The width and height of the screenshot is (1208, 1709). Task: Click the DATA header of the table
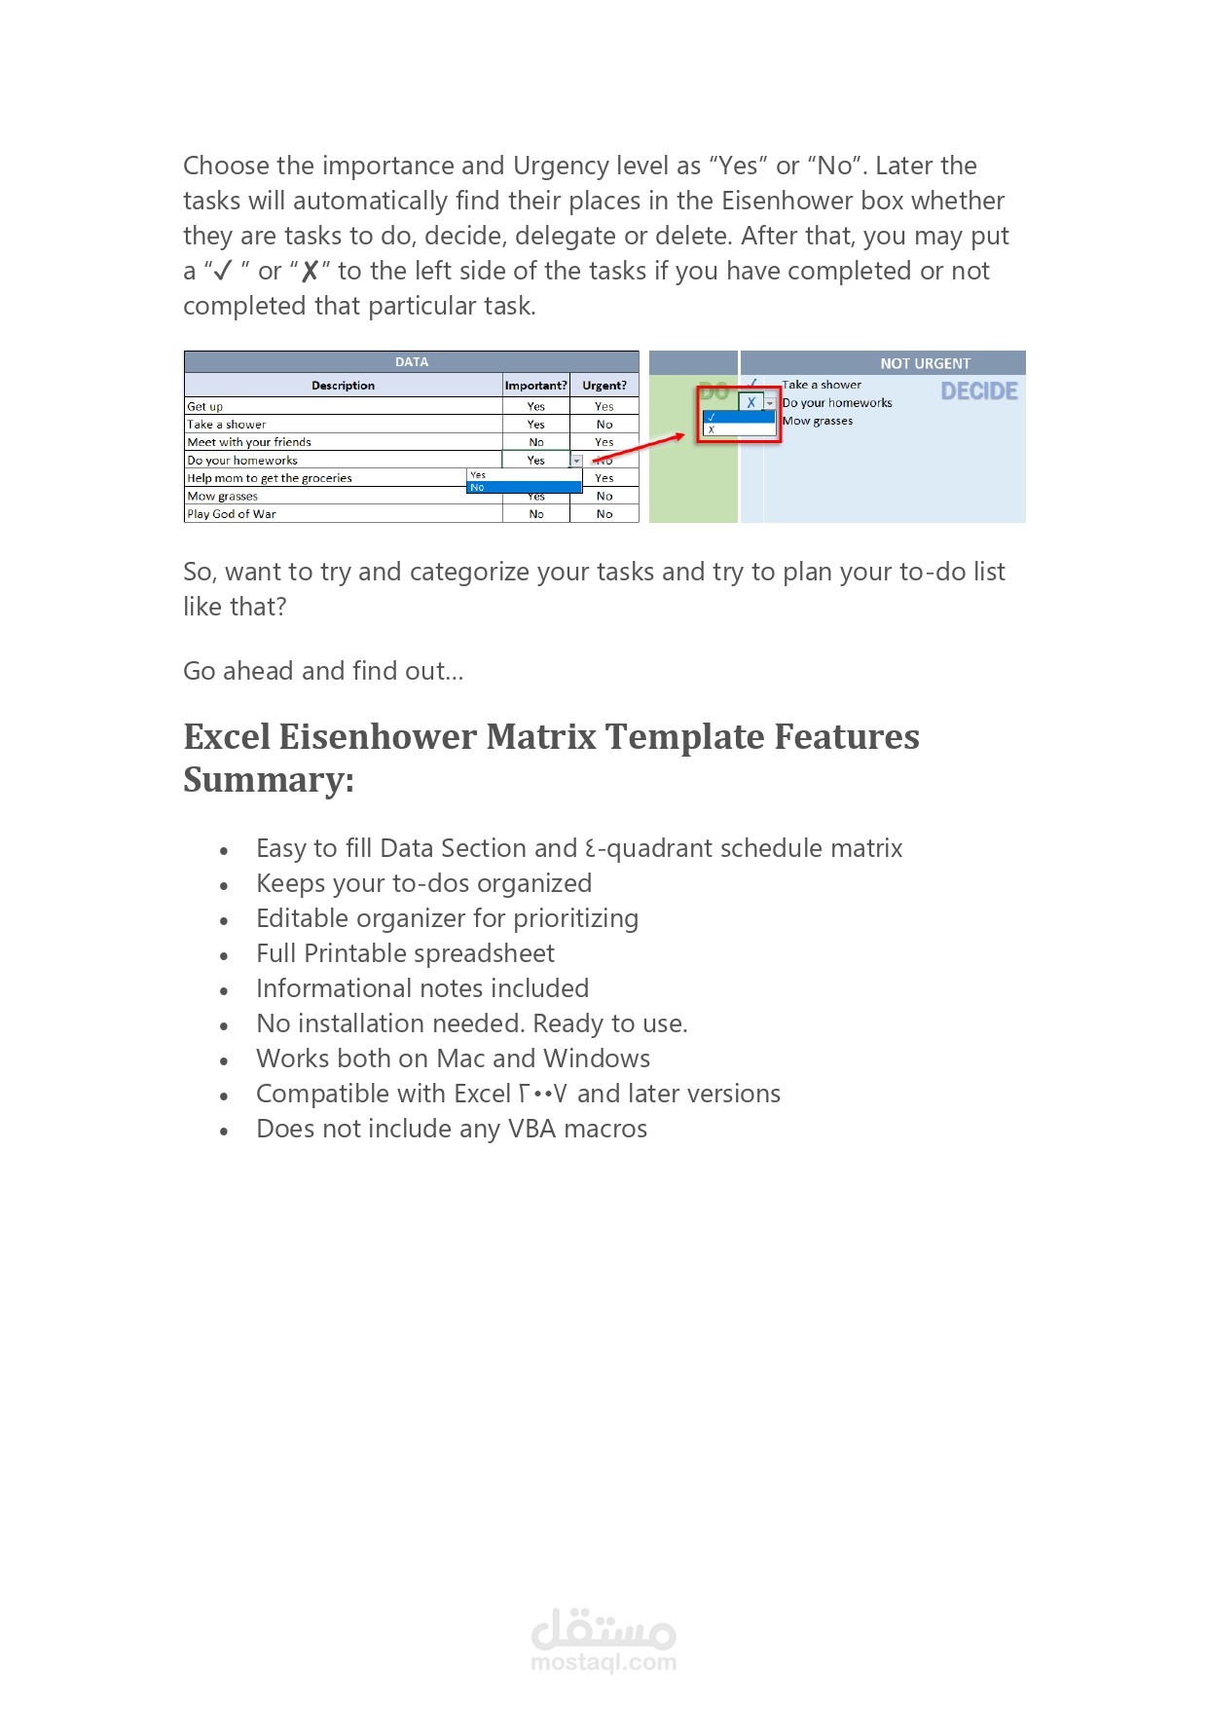pyautogui.click(x=411, y=362)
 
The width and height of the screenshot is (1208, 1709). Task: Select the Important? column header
pyautogui.click(x=535, y=386)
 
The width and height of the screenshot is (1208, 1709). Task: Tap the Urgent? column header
pyautogui.click(x=604, y=386)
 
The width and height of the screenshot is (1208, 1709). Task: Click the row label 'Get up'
pyautogui.click(x=205, y=407)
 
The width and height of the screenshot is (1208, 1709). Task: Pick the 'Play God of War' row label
pyautogui.click(x=232, y=514)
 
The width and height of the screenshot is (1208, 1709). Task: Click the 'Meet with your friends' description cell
pyautogui.click(x=249, y=442)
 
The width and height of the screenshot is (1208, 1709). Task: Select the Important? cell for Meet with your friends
pyautogui.click(x=535, y=442)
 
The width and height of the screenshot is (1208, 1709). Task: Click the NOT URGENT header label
pyautogui.click(x=925, y=363)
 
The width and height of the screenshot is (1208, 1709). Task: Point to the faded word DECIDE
pyautogui.click(x=978, y=391)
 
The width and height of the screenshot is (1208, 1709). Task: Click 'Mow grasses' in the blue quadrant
pyautogui.click(x=818, y=422)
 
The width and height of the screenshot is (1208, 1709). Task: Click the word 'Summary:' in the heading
pyautogui.click(x=269, y=780)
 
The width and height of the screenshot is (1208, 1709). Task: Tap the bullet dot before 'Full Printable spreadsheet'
pyautogui.click(x=224, y=956)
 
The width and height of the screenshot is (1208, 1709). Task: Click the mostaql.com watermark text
pyautogui.click(x=604, y=1662)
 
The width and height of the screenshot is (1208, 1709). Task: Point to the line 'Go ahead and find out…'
pyautogui.click(x=323, y=671)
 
